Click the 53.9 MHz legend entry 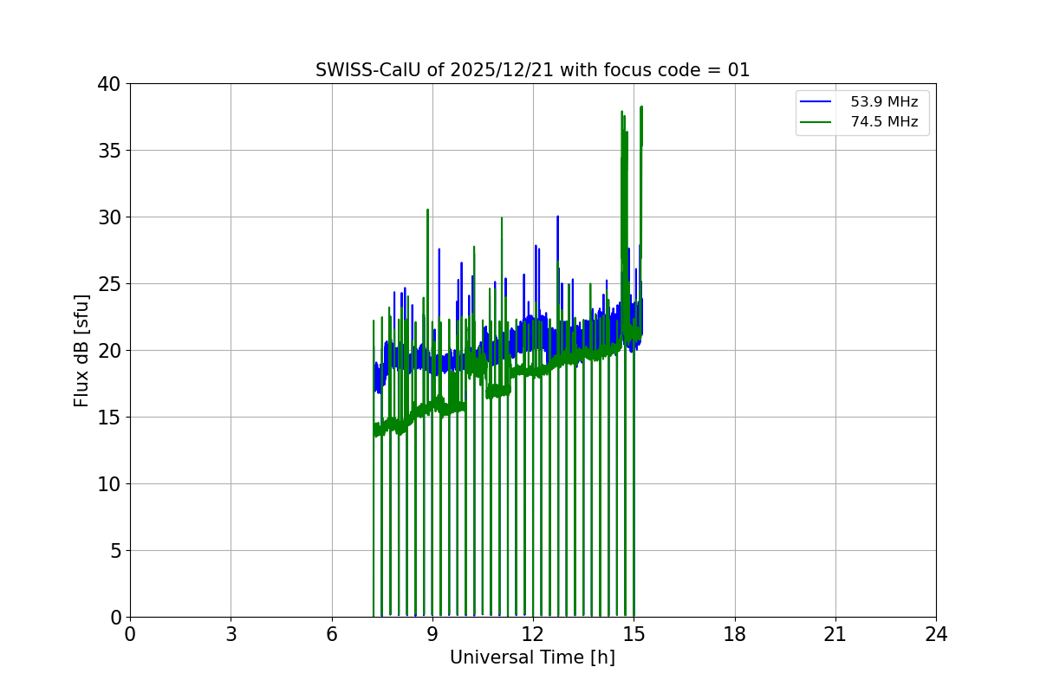coord(883,102)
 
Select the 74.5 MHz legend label coord(883,122)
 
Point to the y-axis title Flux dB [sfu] coord(81,350)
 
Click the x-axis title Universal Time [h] coord(532,657)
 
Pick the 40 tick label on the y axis coord(110,84)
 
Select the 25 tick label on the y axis coord(110,284)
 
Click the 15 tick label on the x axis coord(634,634)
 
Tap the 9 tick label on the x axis coord(432,634)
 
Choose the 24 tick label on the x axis coord(936,634)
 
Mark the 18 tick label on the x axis coord(735,634)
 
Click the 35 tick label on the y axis coord(110,151)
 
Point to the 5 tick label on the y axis coord(116,551)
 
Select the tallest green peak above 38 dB coord(641,107)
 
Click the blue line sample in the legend coord(816,102)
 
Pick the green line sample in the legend coord(816,122)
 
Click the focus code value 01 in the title coord(738,70)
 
